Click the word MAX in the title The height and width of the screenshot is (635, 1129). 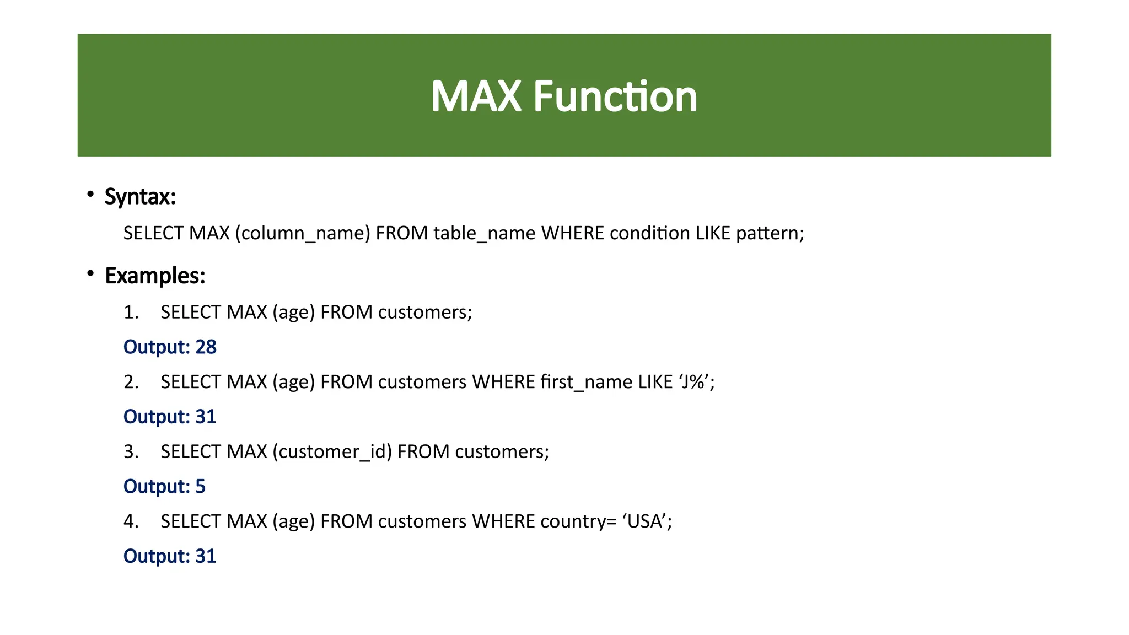pyautogui.click(x=475, y=97)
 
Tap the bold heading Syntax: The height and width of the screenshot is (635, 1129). pyautogui.click(x=140, y=197)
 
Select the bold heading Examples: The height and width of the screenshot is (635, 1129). pyautogui.click(x=155, y=276)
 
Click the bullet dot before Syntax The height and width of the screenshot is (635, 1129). pyautogui.click(x=90, y=194)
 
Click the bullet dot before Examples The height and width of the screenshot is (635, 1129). pyautogui.click(x=90, y=273)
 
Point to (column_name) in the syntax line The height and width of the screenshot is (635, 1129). pyautogui.click(x=303, y=233)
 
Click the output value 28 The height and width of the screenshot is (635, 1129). pyautogui.click(x=206, y=347)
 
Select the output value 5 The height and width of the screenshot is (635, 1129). pyautogui.click(x=200, y=487)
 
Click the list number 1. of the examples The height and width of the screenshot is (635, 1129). pyautogui.click(x=131, y=313)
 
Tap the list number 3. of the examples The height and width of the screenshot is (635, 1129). pyautogui.click(x=131, y=452)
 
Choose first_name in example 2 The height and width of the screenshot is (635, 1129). pyautogui.click(x=586, y=382)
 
